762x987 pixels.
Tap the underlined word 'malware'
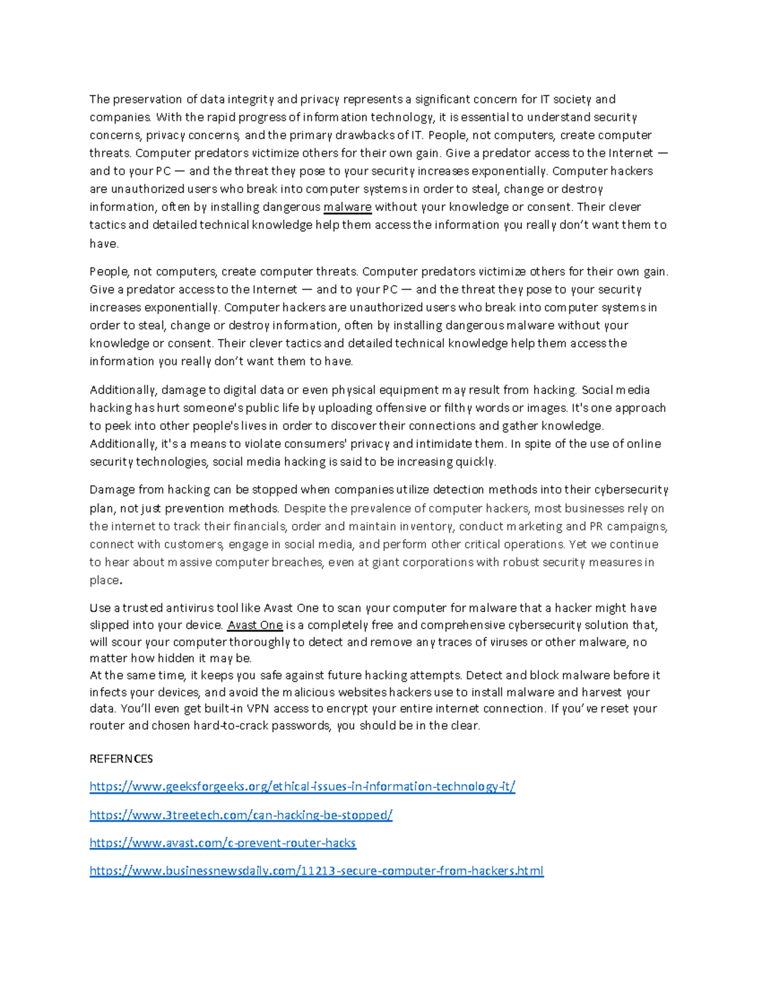point(347,207)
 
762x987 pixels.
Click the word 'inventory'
point(427,526)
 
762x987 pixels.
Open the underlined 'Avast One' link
point(255,625)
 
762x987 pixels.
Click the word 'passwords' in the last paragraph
point(301,726)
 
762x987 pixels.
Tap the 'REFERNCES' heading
point(121,759)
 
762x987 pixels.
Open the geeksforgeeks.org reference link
point(302,787)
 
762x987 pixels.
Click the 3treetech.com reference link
point(241,815)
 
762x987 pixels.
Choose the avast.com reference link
point(223,843)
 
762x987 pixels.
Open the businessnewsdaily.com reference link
point(316,871)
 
